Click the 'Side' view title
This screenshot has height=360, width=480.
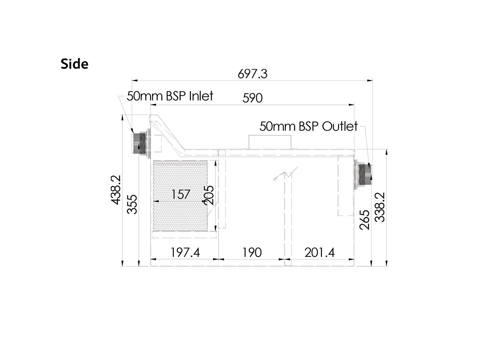click(74, 64)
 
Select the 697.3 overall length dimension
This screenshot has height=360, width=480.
click(252, 74)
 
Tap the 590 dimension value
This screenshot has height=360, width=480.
click(252, 98)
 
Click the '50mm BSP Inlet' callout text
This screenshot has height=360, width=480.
click(170, 96)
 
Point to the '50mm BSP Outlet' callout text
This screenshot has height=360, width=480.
click(308, 126)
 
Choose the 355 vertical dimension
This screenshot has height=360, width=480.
click(132, 204)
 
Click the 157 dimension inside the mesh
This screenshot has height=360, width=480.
click(181, 194)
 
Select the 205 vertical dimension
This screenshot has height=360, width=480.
click(209, 195)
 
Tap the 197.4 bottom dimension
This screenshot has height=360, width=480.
click(185, 252)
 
